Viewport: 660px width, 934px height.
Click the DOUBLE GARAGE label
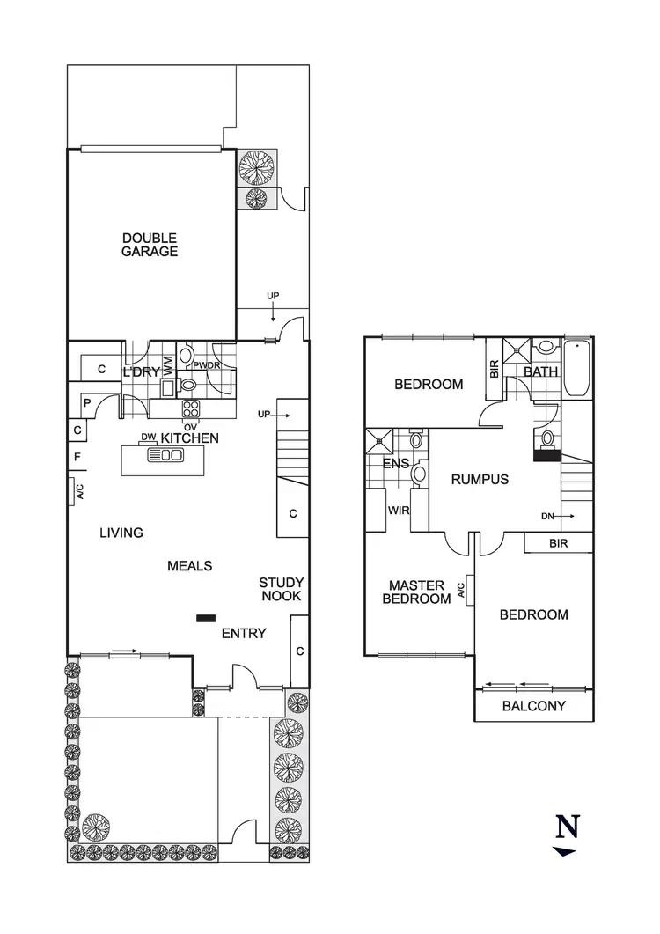(x=150, y=245)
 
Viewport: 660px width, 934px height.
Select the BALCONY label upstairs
(x=534, y=706)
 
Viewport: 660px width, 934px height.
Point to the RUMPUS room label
(x=480, y=480)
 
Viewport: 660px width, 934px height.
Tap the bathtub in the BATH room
(x=578, y=369)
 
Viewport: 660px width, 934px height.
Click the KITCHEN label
(x=189, y=438)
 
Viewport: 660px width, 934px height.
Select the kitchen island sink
(x=166, y=455)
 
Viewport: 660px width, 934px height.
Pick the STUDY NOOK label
(x=281, y=589)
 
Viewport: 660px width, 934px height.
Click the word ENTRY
(x=244, y=633)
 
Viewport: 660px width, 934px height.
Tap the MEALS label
(x=189, y=566)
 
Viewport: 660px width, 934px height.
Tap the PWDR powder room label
(x=207, y=366)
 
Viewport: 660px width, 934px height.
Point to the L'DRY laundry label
(x=141, y=372)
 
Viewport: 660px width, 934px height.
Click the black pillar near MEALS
(x=205, y=618)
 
